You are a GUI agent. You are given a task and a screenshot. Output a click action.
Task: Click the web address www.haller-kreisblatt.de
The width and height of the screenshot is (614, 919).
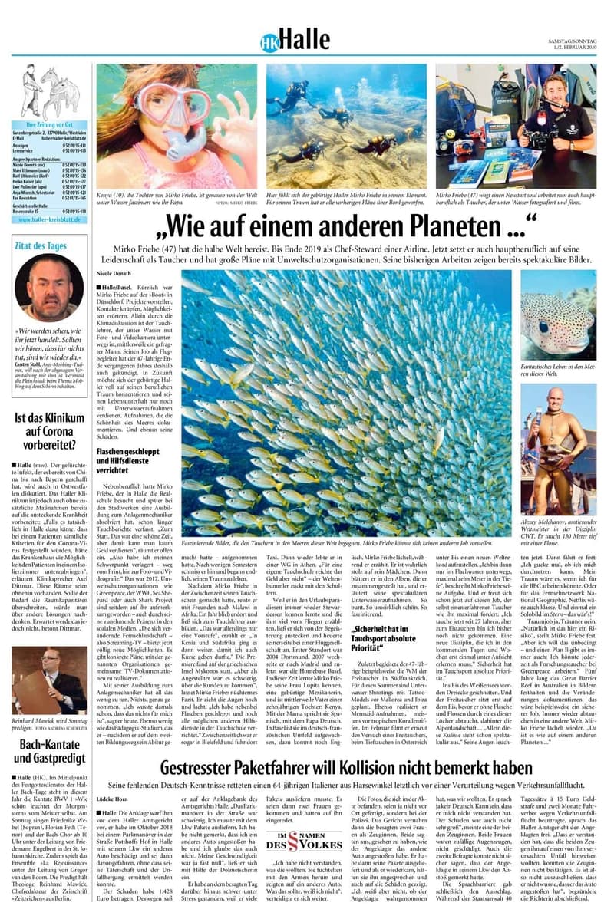(51, 219)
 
